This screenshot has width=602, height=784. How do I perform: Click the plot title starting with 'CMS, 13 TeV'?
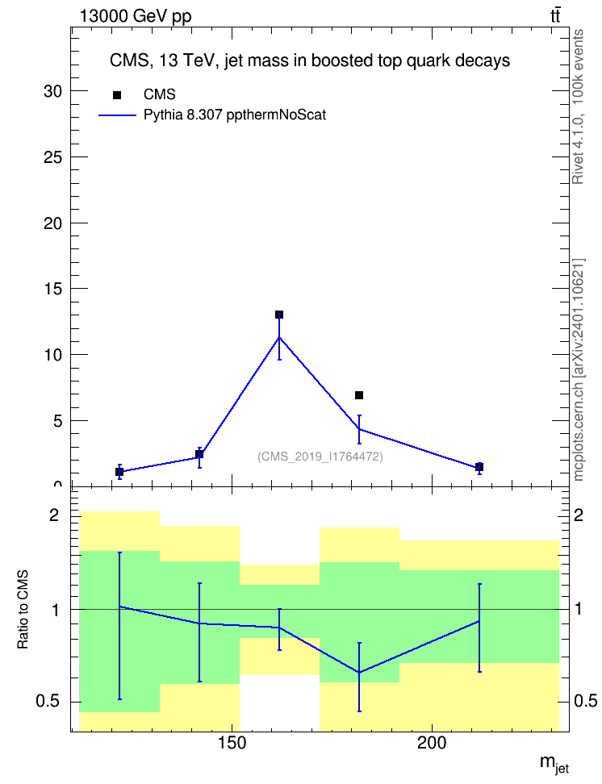coord(310,60)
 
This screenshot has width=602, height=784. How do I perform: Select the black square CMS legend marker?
coord(117,95)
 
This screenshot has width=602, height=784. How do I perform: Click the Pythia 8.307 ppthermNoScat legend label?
coord(235,115)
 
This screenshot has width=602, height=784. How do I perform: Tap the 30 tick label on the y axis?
coord(53,91)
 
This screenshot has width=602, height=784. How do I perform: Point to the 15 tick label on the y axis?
coord(53,289)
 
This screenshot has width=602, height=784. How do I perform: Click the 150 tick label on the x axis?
coord(232,744)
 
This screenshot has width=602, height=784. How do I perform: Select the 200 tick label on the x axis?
coord(432,744)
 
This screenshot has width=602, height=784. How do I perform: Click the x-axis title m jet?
coord(554,764)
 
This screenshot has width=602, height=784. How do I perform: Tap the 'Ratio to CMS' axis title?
coord(23,610)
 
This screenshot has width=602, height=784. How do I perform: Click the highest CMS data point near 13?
coord(279,315)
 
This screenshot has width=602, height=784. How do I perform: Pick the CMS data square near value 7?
coord(359,395)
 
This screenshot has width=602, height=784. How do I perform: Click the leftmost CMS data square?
coord(119,472)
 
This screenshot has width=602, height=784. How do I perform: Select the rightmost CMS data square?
coord(479,466)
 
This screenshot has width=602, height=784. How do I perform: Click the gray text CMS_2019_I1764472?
coord(320,457)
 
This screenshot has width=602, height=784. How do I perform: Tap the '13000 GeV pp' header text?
coord(136,16)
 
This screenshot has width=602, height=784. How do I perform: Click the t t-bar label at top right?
coord(555,15)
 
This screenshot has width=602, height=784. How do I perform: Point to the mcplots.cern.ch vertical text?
coord(579,370)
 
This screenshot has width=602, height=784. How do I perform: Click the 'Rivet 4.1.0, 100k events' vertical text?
coord(578,106)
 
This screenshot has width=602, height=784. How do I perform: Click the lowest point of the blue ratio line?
coord(359,673)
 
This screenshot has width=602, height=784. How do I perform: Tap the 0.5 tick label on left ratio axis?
coord(48,702)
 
